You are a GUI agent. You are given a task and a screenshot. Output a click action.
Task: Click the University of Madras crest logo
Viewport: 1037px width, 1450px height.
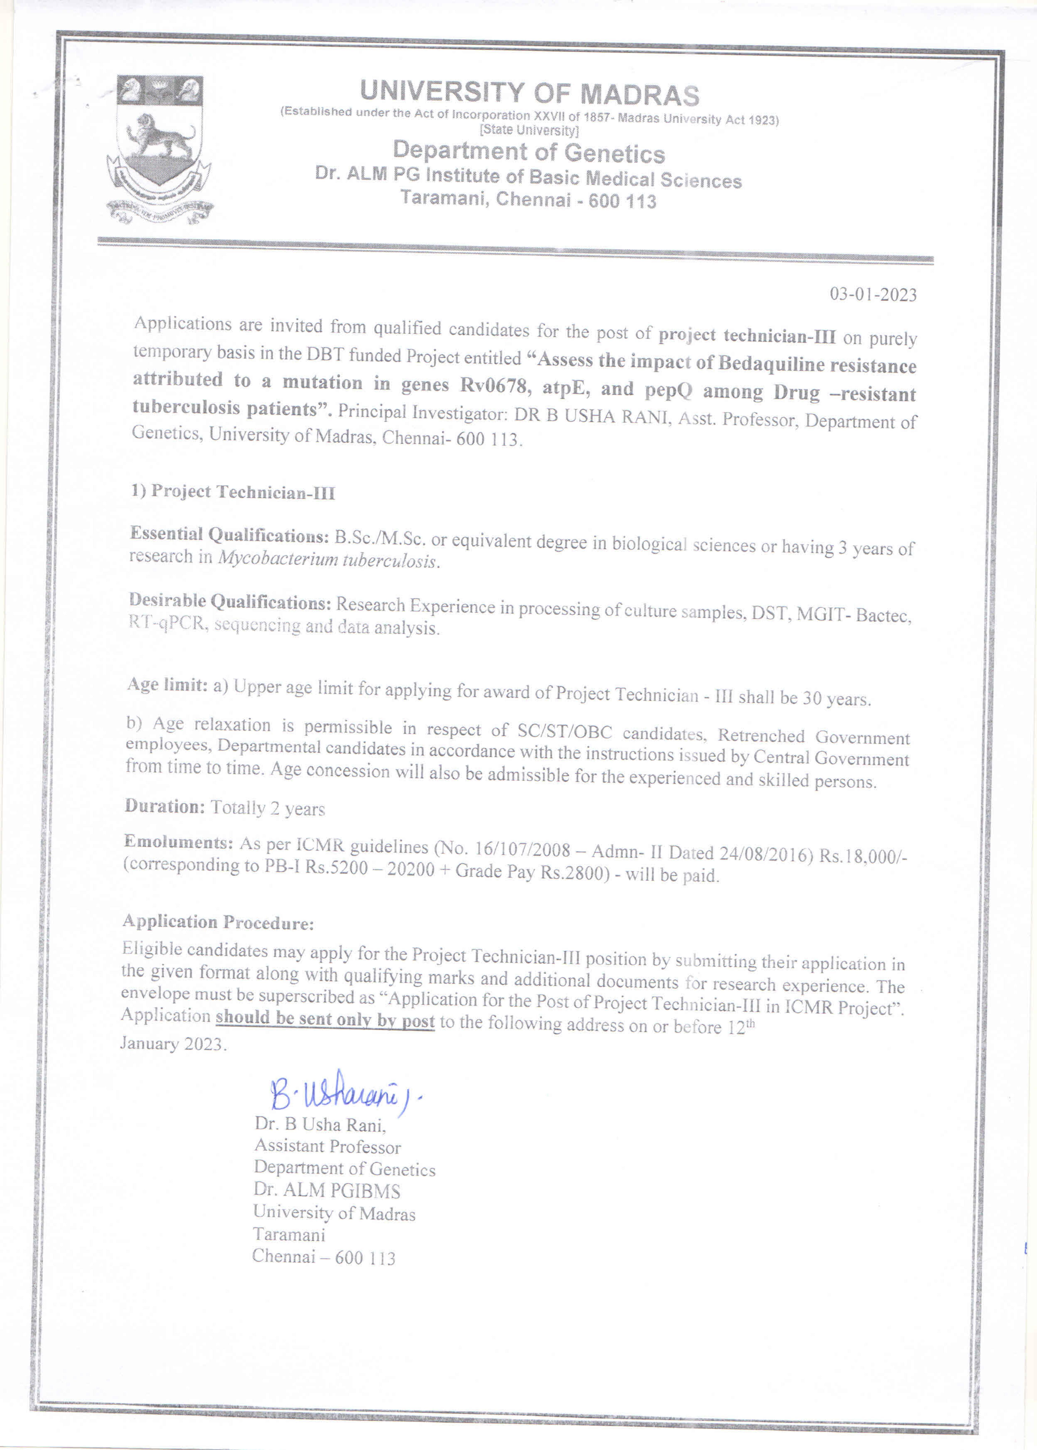(160, 150)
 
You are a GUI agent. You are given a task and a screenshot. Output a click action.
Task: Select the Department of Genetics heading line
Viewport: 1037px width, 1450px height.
(529, 152)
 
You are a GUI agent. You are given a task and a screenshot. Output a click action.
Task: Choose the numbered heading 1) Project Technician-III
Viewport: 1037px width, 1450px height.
(233, 492)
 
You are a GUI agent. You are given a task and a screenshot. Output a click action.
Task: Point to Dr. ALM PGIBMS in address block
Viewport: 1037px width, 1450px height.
(327, 1190)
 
